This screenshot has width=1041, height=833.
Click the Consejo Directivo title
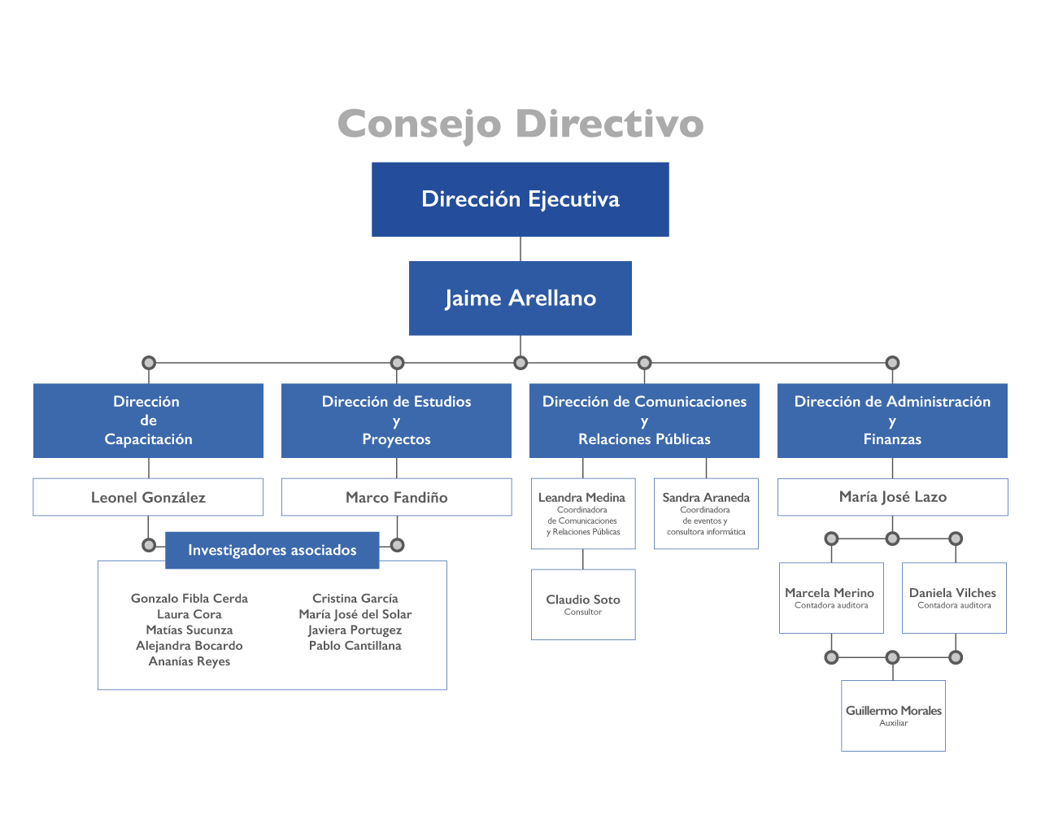[520, 124]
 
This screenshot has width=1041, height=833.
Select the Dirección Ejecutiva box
[520, 199]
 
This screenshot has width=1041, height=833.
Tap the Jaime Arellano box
[520, 299]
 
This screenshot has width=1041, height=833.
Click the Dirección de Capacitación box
[148, 421]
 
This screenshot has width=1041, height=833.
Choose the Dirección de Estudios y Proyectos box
[396, 421]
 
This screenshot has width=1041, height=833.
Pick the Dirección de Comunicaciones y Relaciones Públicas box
[644, 421]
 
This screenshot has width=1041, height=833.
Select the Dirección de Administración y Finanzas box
[892, 421]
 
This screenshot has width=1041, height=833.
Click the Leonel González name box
[148, 497]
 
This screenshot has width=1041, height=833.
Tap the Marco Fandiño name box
[396, 497]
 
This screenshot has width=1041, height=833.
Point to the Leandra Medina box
[582, 513]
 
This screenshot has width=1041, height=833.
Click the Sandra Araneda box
[706, 513]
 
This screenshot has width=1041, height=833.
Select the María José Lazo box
[892, 497]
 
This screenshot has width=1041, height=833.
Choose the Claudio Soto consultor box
[583, 604]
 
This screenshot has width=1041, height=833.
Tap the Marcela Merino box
[831, 598]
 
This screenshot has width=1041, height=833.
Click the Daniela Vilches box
[954, 598]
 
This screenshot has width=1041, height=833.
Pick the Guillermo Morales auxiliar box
[893, 715]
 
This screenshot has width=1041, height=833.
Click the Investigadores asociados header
[272, 550]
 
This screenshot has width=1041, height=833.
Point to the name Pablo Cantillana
[355, 646]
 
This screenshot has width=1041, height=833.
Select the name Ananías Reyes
[189, 661]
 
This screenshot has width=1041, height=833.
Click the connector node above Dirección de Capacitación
[148, 363]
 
